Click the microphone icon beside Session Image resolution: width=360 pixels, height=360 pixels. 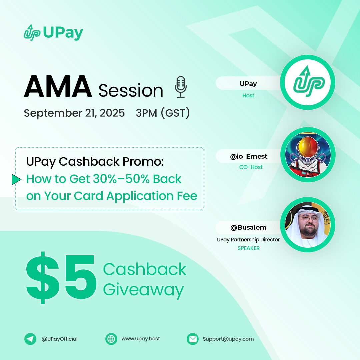181,87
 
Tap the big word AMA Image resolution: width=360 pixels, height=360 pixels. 58,87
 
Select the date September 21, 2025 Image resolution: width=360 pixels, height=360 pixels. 74,113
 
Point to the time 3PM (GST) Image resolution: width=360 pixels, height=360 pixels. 163,113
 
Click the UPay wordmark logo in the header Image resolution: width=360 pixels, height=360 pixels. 53,33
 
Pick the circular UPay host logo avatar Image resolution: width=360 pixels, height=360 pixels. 308,82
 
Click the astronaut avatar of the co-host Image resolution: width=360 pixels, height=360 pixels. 308,154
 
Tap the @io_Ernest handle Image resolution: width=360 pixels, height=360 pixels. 249,156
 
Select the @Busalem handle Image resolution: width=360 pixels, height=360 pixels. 248,228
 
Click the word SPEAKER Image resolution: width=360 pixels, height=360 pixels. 248,248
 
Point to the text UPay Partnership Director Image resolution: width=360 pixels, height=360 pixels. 248,239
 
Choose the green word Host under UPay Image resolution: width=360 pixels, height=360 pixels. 248,95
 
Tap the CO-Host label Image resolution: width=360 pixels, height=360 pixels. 251,167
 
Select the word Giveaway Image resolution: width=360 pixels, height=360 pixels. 143,290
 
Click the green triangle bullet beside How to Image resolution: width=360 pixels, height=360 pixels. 16,179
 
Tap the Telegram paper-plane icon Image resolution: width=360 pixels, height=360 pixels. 30,339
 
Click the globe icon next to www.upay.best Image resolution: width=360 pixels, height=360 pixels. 111,339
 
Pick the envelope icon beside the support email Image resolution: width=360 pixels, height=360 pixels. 193,339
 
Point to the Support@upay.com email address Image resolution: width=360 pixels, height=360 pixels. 228,339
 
